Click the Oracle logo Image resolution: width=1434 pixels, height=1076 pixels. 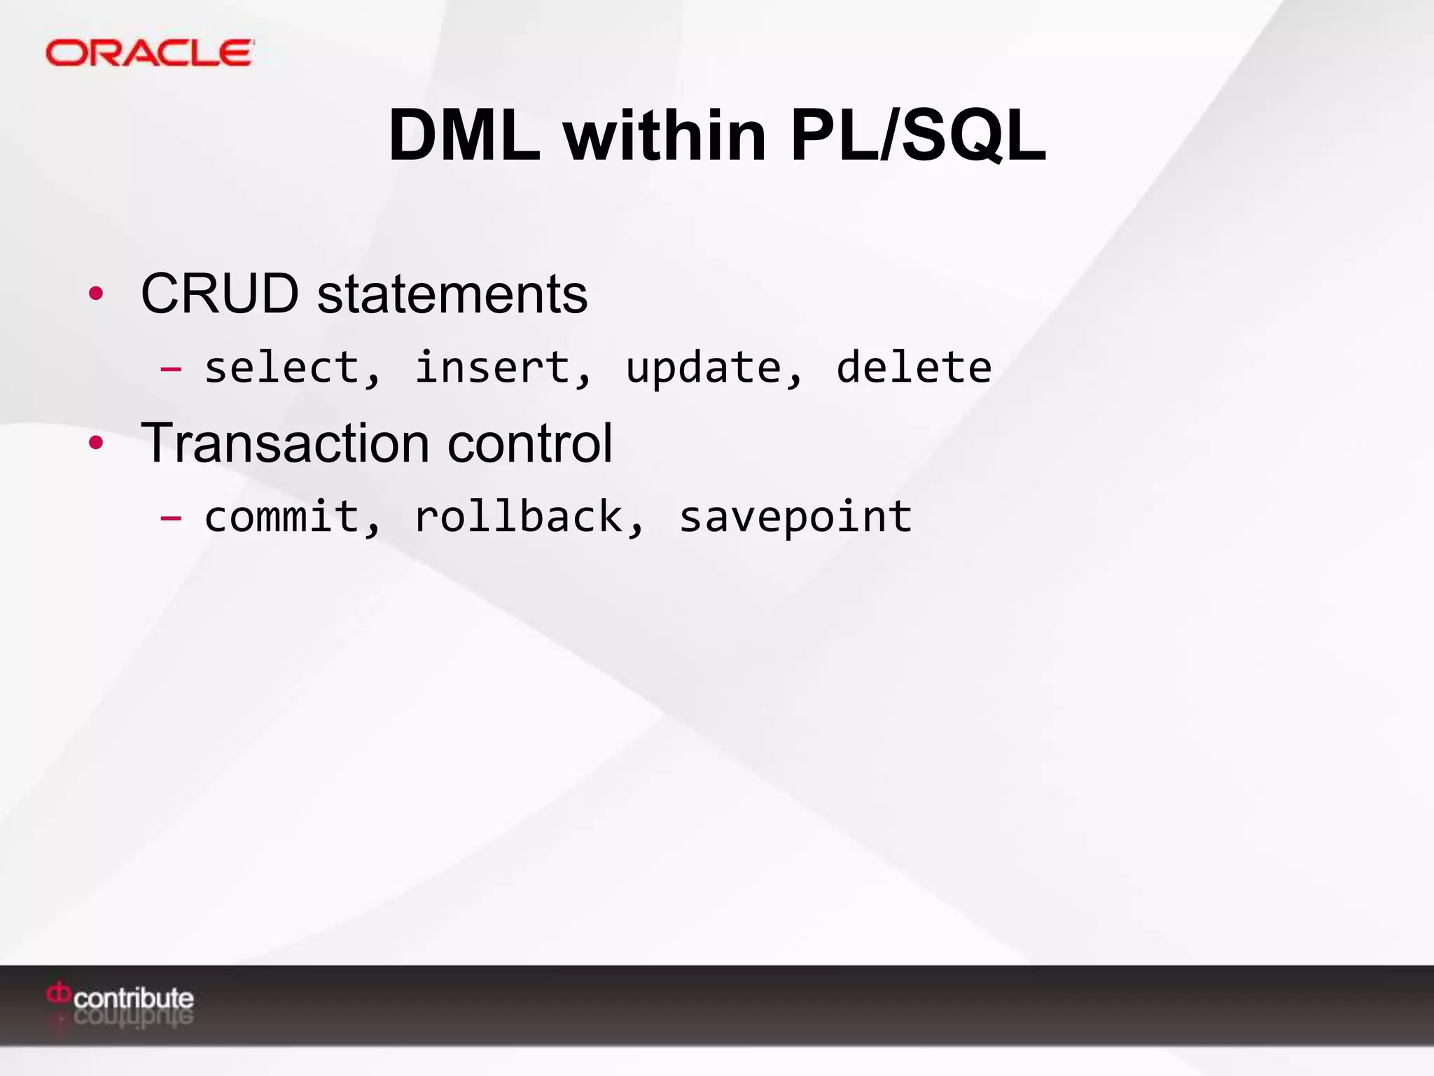[x=149, y=53]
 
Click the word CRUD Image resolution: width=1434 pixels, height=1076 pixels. [x=220, y=294]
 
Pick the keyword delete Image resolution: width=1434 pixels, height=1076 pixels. [x=914, y=367]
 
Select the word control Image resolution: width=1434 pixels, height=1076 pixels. [x=530, y=443]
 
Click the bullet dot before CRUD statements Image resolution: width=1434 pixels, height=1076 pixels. [x=96, y=294]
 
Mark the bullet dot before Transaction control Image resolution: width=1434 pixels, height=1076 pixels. [x=96, y=443]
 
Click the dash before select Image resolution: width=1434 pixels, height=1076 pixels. [x=171, y=368]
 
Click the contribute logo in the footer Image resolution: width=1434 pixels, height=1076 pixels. [x=120, y=998]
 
